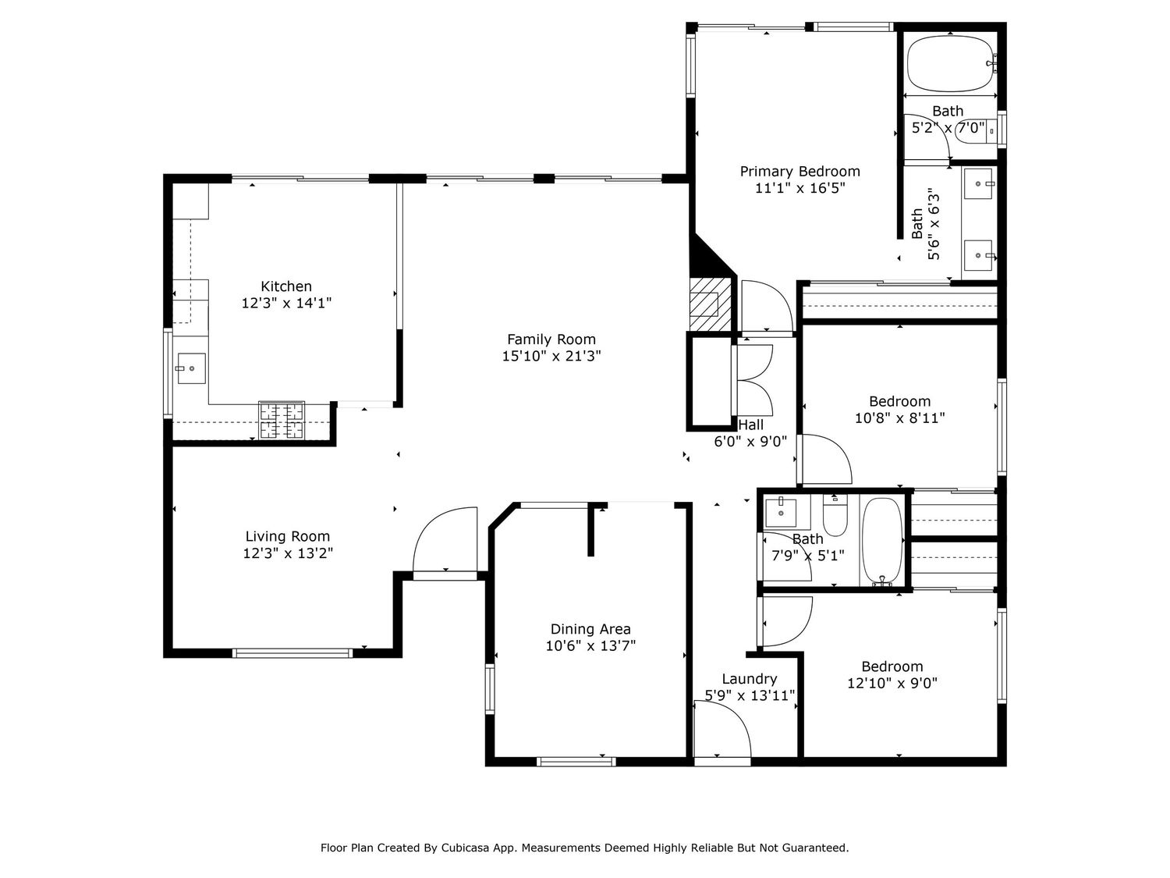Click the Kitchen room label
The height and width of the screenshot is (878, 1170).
coord(285,286)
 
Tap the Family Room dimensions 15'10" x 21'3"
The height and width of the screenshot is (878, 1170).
coord(551,356)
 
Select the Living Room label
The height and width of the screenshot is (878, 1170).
coord(287,536)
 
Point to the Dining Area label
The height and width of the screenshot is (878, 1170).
coord(590,629)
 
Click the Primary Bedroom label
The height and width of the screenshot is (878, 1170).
coord(799,172)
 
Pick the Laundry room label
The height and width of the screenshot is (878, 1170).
coord(749,679)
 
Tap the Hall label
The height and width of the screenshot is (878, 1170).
coord(750,425)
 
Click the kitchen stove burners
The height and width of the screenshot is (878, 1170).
coord(282,421)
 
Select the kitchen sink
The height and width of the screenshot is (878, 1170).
coord(191,368)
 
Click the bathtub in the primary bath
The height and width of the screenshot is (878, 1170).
coord(951,63)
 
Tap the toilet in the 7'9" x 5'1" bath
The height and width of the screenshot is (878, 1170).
coord(835,514)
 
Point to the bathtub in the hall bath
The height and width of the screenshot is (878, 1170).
coord(882,542)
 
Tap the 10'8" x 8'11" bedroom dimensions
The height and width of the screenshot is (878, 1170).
coord(900,418)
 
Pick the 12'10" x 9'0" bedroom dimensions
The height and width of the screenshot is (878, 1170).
coord(892,683)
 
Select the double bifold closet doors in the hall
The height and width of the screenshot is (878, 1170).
coord(753,380)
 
